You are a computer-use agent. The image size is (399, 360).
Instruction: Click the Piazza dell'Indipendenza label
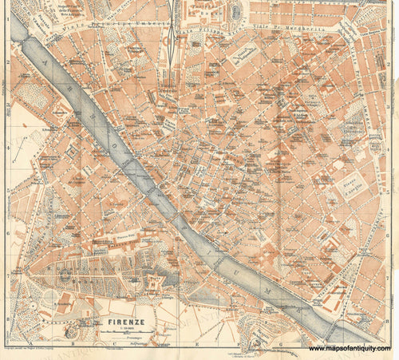pos(240,56)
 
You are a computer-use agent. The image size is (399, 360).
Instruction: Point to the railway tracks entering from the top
pos(174,32)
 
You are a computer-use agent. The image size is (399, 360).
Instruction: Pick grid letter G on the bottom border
pos(281,347)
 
